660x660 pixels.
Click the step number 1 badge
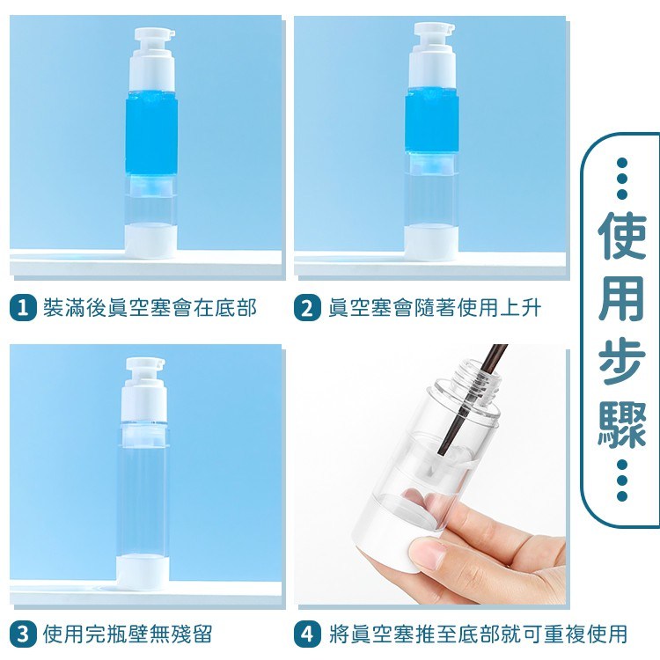(x=23, y=308)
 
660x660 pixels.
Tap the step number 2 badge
(x=308, y=308)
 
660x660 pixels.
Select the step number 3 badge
(x=23, y=634)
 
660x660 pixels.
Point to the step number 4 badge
(x=308, y=634)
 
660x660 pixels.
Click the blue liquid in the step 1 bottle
(x=151, y=133)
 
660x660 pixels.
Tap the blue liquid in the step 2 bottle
(x=430, y=123)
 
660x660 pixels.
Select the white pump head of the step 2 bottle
(x=432, y=55)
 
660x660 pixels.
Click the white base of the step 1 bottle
(x=150, y=241)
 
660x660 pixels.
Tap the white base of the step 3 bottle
(x=143, y=573)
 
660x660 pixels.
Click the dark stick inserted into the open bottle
(x=472, y=400)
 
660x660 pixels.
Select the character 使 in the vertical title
(x=621, y=237)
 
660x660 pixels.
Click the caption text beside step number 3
(x=128, y=634)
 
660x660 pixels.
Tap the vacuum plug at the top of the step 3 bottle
(x=143, y=435)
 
